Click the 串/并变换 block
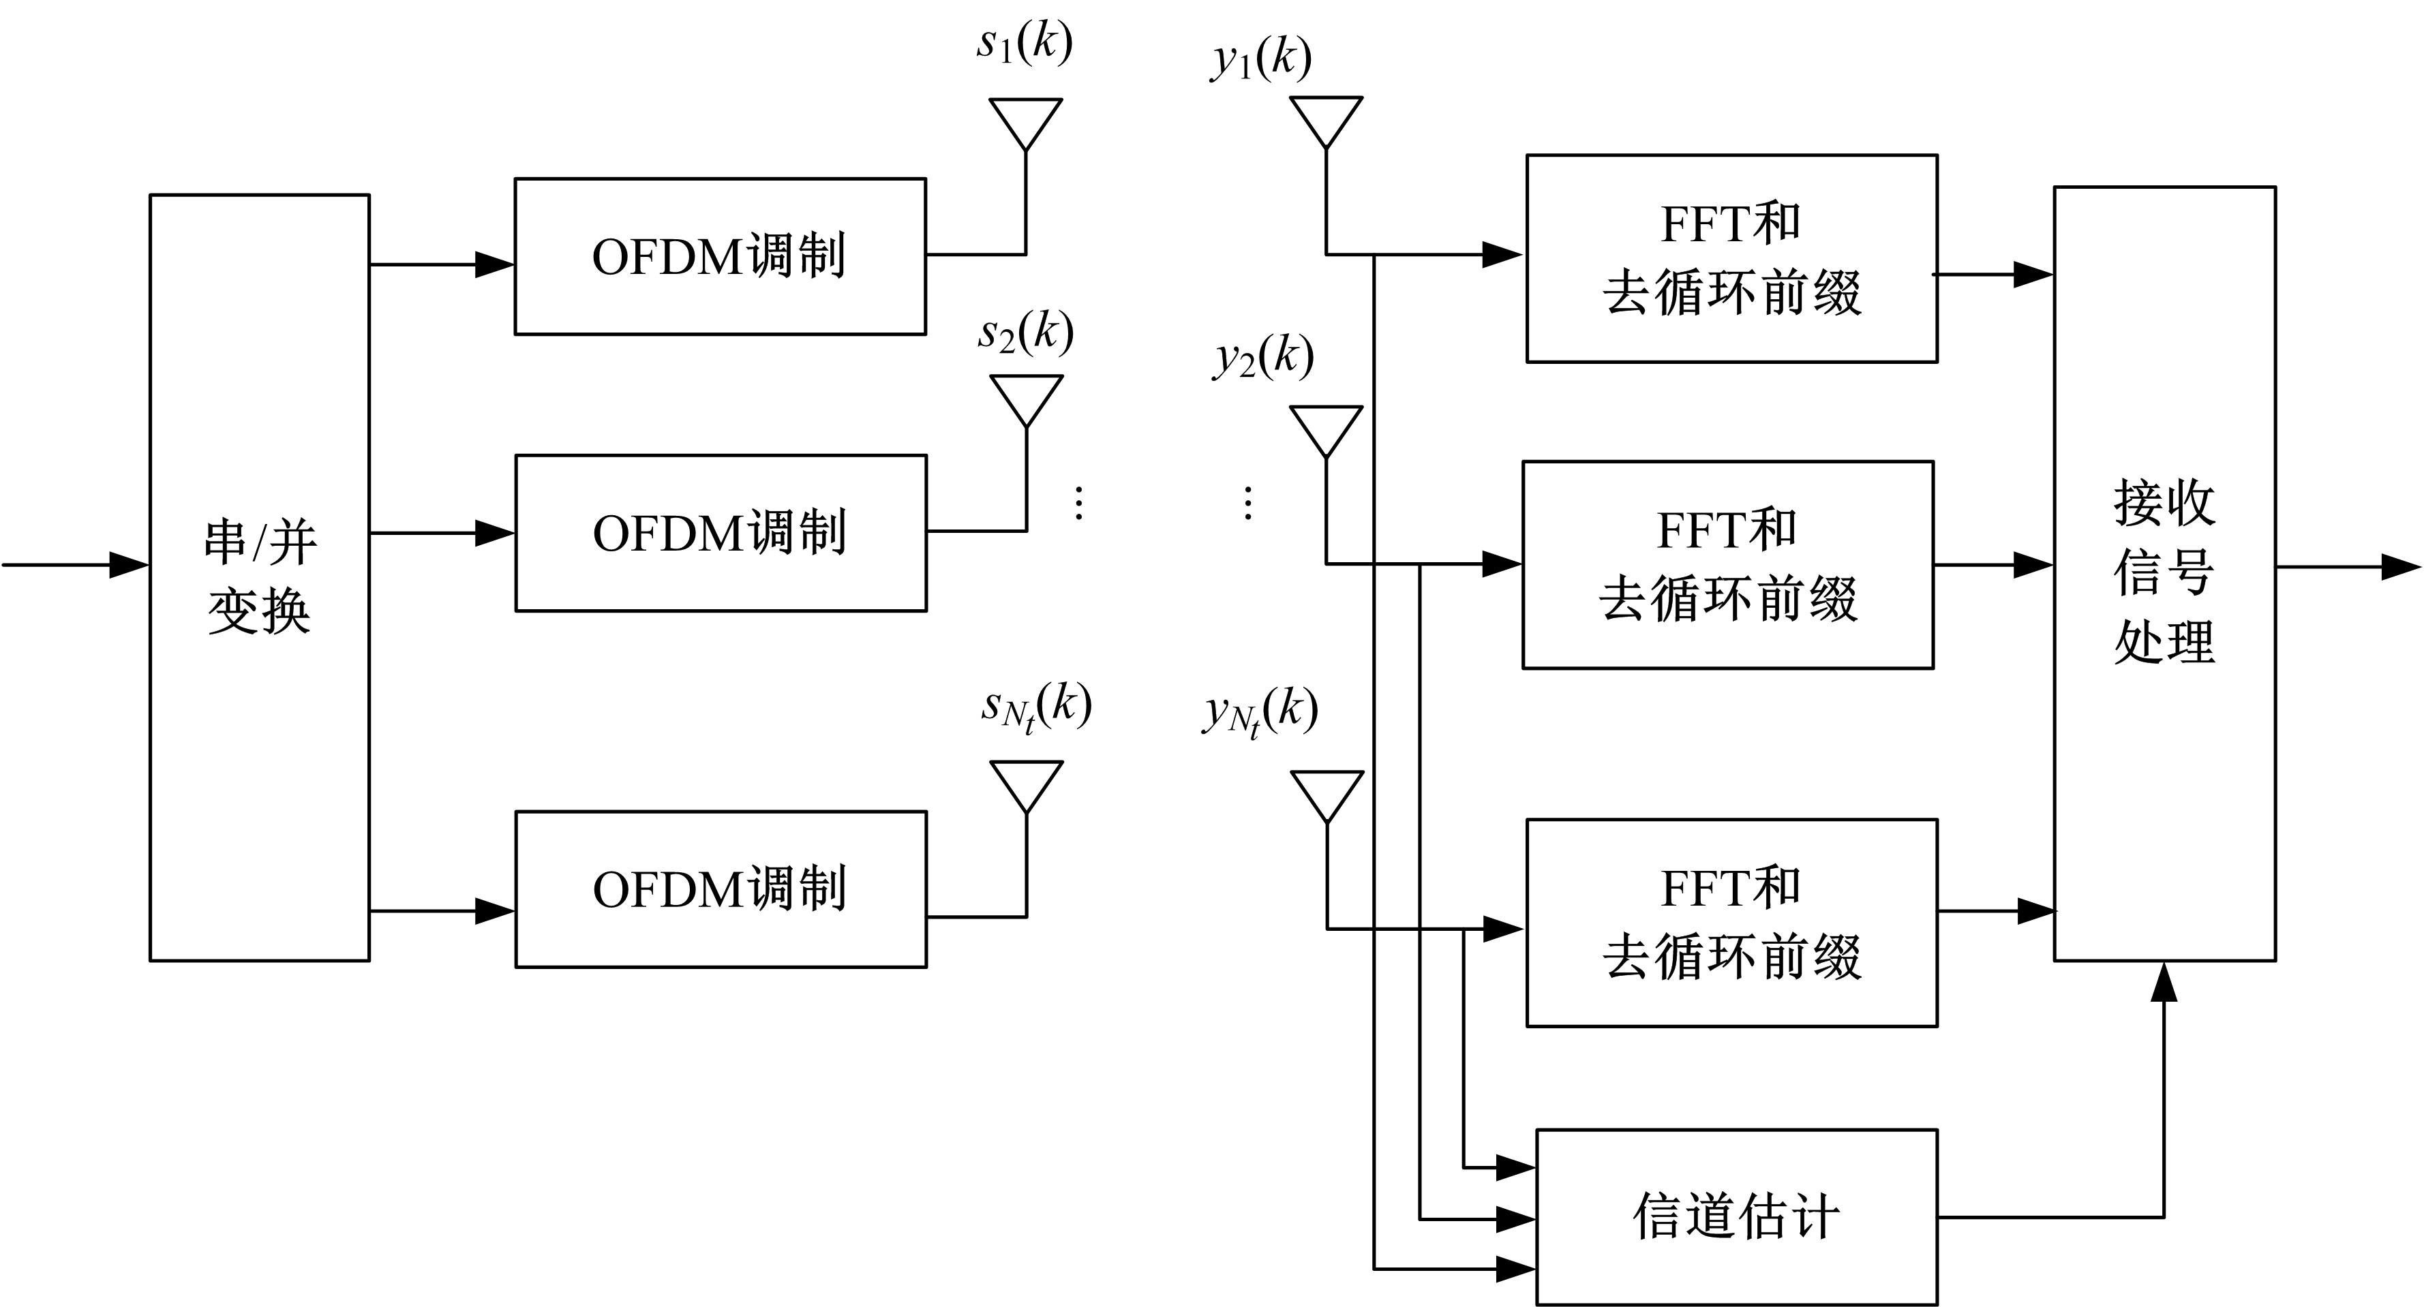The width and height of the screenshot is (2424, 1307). [260, 576]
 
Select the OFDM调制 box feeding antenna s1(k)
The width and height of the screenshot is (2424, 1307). [720, 256]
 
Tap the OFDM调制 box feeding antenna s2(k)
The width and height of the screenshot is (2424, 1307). [721, 533]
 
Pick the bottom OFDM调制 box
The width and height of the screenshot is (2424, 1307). [721, 889]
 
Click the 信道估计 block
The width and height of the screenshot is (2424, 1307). [1736, 1216]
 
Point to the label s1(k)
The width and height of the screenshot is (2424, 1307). [1024, 42]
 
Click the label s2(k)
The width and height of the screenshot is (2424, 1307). [1026, 332]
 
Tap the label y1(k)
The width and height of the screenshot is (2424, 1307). [1261, 59]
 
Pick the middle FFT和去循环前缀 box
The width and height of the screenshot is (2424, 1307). [1727, 565]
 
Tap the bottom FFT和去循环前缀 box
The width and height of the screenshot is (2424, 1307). [1731, 922]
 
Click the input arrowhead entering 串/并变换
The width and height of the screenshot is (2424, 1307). [130, 565]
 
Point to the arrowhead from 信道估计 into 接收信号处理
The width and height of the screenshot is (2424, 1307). [2164, 983]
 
